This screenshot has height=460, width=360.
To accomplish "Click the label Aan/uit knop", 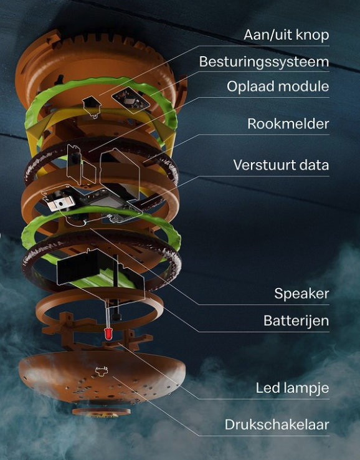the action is (x=286, y=35).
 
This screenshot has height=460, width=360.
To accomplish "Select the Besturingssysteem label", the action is (x=264, y=62).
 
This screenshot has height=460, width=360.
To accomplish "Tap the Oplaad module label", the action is (x=278, y=87).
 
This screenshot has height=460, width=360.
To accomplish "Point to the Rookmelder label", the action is (x=288, y=124).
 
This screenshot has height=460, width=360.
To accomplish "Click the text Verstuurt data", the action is (x=281, y=165).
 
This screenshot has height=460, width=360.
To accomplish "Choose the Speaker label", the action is (x=301, y=294).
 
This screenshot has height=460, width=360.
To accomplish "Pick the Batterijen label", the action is (x=296, y=320).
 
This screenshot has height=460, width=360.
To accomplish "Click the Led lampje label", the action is (x=293, y=388).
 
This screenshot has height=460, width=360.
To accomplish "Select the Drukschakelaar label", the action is (x=277, y=425).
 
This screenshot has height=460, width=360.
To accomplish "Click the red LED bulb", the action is (x=108, y=334).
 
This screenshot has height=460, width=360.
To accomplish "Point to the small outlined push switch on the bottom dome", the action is (x=102, y=371).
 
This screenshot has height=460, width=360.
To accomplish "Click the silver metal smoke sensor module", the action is (x=60, y=203).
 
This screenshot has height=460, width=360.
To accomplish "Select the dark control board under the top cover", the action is (x=131, y=100).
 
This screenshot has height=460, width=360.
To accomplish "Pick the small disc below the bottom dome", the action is (x=102, y=411).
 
